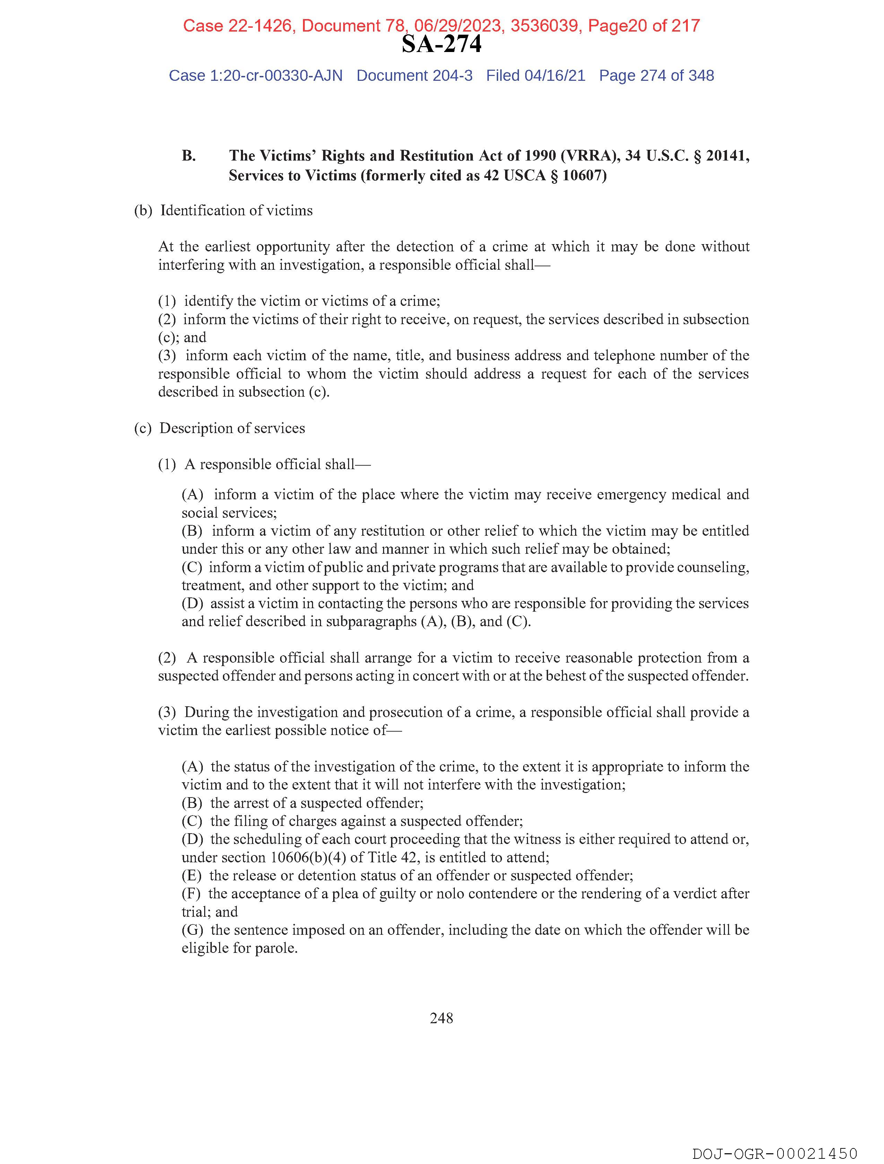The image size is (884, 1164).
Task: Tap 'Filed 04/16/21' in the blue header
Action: click(535, 76)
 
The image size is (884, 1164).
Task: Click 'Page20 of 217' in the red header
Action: click(643, 26)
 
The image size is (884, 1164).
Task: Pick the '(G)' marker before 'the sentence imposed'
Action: click(192, 930)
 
